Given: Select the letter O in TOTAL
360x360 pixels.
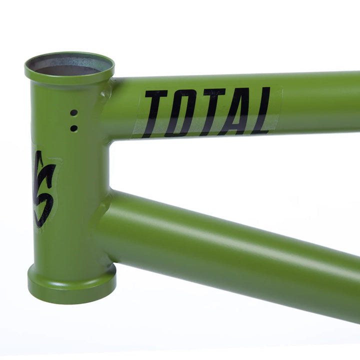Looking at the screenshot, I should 180,113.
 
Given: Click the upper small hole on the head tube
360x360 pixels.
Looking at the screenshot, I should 73,113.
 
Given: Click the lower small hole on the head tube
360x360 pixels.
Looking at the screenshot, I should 73,128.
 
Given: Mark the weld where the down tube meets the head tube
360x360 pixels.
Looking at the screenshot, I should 102,220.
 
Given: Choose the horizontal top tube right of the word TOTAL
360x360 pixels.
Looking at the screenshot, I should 320,105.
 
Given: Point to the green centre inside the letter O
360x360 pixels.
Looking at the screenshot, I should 181,113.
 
